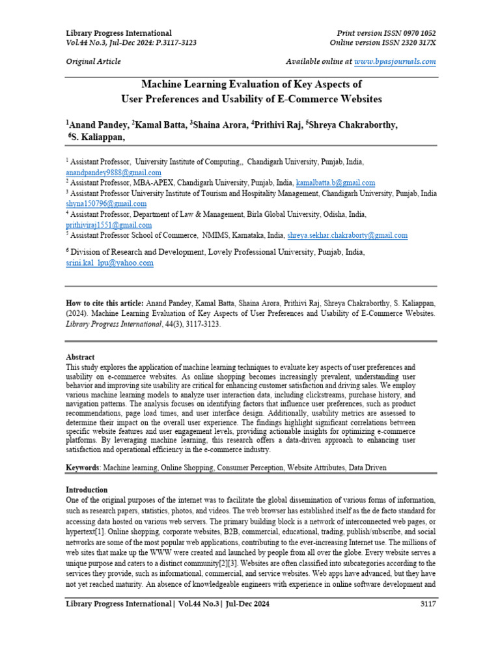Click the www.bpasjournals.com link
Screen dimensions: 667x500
[x=395, y=61]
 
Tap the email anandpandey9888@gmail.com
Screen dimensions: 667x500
[x=113, y=173]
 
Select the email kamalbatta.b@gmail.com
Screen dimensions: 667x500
[x=335, y=183]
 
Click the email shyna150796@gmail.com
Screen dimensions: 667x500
[x=106, y=204]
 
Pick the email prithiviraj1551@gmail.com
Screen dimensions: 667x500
[x=109, y=225]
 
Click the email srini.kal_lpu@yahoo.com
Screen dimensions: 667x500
[x=109, y=263]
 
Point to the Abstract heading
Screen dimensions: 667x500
[x=80, y=357]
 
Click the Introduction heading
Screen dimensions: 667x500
[x=87, y=489]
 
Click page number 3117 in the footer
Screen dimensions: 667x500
[x=427, y=604]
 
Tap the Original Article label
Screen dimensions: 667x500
[x=93, y=61]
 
